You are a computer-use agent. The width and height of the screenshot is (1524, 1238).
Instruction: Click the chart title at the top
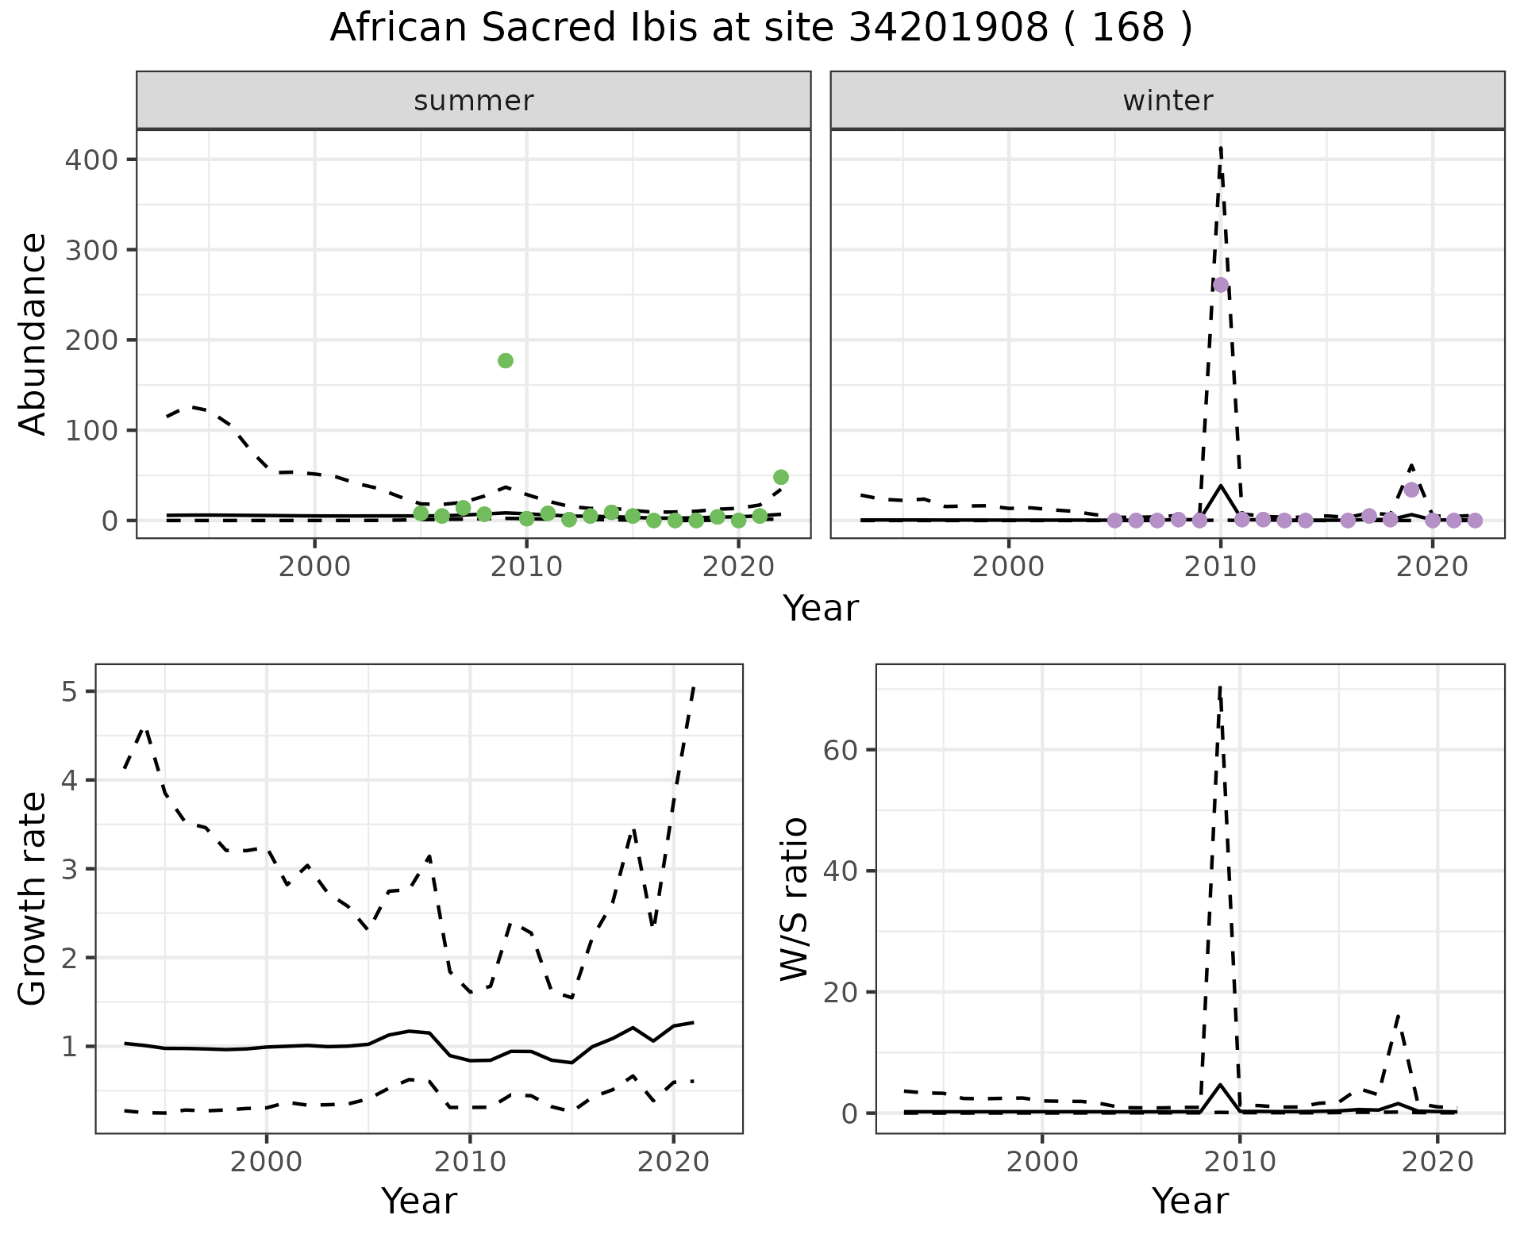pyautogui.click(x=760, y=29)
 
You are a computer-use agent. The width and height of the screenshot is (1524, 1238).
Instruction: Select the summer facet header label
pyautogui.click(x=474, y=101)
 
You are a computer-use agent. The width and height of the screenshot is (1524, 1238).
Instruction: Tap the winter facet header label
pyautogui.click(x=1168, y=101)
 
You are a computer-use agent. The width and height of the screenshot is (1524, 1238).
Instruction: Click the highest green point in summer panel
pyautogui.click(x=506, y=360)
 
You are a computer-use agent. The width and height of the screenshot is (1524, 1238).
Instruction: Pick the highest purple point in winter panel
pyautogui.click(x=1221, y=285)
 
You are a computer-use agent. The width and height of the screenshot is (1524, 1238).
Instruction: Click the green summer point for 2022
pyautogui.click(x=781, y=477)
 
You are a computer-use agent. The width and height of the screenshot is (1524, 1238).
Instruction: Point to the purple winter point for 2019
pyautogui.click(x=1411, y=490)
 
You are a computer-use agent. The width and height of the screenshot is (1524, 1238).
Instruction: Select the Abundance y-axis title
pyautogui.click(x=33, y=333)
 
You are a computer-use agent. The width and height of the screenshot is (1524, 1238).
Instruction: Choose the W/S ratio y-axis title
pyautogui.click(x=795, y=898)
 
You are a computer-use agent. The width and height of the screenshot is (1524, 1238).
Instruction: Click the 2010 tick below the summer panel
pyautogui.click(x=526, y=568)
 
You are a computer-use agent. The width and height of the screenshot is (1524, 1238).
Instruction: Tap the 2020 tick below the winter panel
pyautogui.click(x=1433, y=568)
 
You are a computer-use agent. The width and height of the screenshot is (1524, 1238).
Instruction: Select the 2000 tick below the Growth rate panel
pyautogui.click(x=267, y=1163)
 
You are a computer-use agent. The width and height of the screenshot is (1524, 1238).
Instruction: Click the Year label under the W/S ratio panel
pyautogui.click(x=1190, y=1201)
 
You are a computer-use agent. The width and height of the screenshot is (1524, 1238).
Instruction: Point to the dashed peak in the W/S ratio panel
pyautogui.click(x=1219, y=687)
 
